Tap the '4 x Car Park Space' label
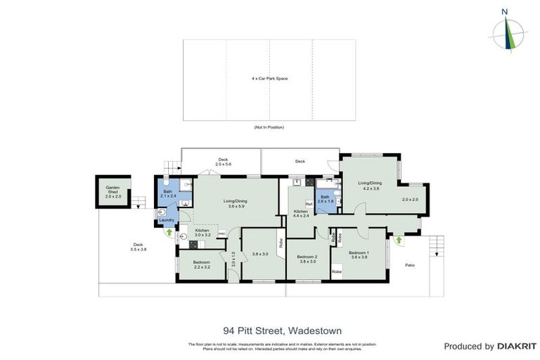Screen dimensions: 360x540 [x=269, y=78]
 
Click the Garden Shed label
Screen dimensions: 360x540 [x=113, y=192]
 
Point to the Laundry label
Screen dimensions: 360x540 [x=167, y=220]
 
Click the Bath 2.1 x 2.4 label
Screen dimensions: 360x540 [x=167, y=193]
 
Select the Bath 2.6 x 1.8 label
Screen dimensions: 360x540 [x=325, y=199]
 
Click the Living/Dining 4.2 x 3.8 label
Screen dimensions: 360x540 [x=371, y=186]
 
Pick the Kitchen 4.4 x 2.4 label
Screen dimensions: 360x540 [x=301, y=214]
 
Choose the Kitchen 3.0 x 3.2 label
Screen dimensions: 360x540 [x=202, y=233]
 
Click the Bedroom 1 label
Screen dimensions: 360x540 [x=359, y=255]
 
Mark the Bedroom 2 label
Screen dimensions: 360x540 [x=307, y=258]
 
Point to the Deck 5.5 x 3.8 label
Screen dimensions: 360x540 [x=138, y=247]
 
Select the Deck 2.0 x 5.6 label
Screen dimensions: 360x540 [x=223, y=161]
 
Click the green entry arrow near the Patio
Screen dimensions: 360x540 [x=399, y=240]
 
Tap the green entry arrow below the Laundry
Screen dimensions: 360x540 [x=169, y=231]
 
